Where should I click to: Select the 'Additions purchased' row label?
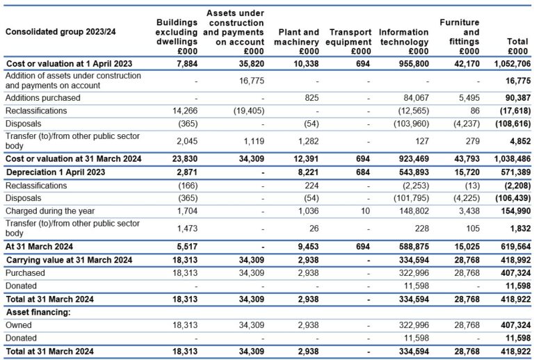coord(42,98)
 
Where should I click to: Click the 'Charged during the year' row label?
coord(49,211)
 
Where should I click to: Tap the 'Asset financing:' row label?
coord(35,313)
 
